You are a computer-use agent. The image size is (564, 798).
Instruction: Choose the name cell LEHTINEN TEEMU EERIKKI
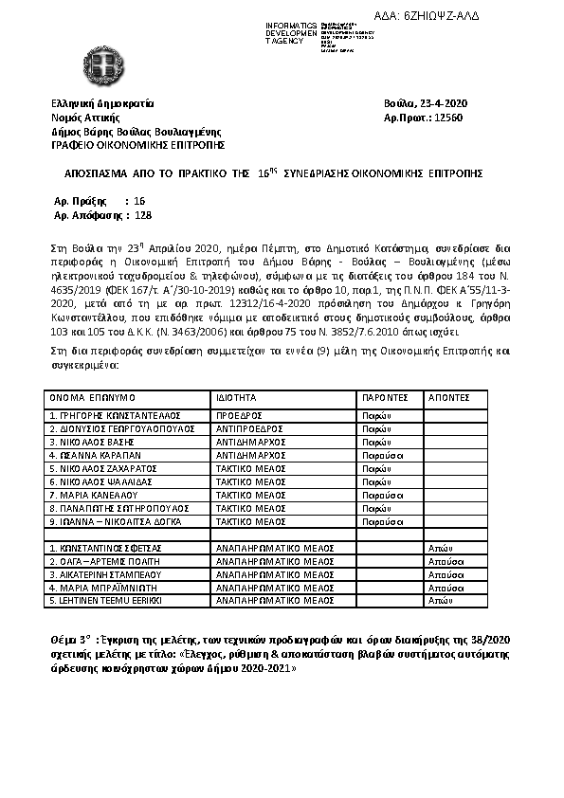pyautogui.click(x=106, y=601)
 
